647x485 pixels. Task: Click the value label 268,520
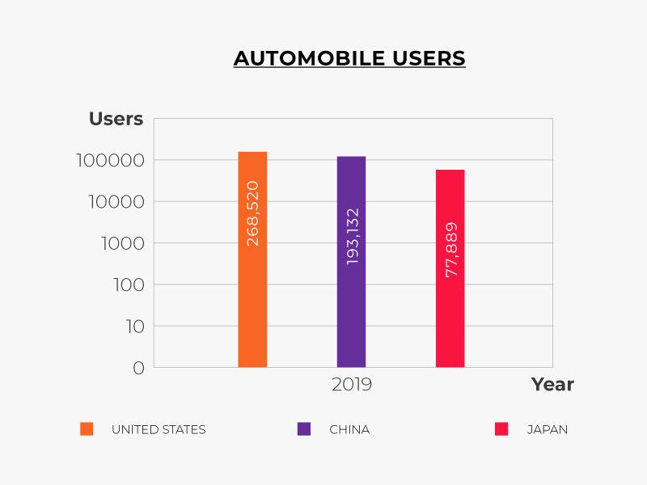pyautogui.click(x=252, y=213)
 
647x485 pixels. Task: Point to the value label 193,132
pyautogui.click(x=352, y=236)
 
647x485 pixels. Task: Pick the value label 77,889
pyautogui.click(x=451, y=250)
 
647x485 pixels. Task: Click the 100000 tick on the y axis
pyautogui.click(x=110, y=160)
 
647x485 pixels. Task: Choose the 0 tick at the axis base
pyautogui.click(x=137, y=368)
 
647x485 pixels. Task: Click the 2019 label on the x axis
pyautogui.click(x=352, y=384)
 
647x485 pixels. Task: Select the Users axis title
pyautogui.click(x=116, y=120)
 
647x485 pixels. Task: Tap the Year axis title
pyautogui.click(x=552, y=385)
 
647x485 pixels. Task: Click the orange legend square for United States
pyautogui.click(x=87, y=429)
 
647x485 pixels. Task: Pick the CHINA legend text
pyautogui.click(x=349, y=429)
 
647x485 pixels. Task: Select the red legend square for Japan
pyautogui.click(x=501, y=429)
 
